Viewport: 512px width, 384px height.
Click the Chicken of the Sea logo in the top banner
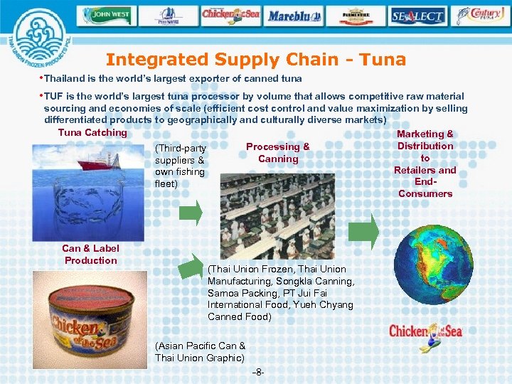coord(231,14)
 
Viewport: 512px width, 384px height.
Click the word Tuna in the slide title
coord(383,60)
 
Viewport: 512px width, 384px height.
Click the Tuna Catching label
coord(92,132)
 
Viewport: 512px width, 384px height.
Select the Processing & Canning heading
coord(278,152)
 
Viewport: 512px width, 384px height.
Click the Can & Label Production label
coord(91,254)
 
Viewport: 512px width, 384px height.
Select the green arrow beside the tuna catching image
coord(190,212)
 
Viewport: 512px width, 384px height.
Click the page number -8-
coord(259,373)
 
